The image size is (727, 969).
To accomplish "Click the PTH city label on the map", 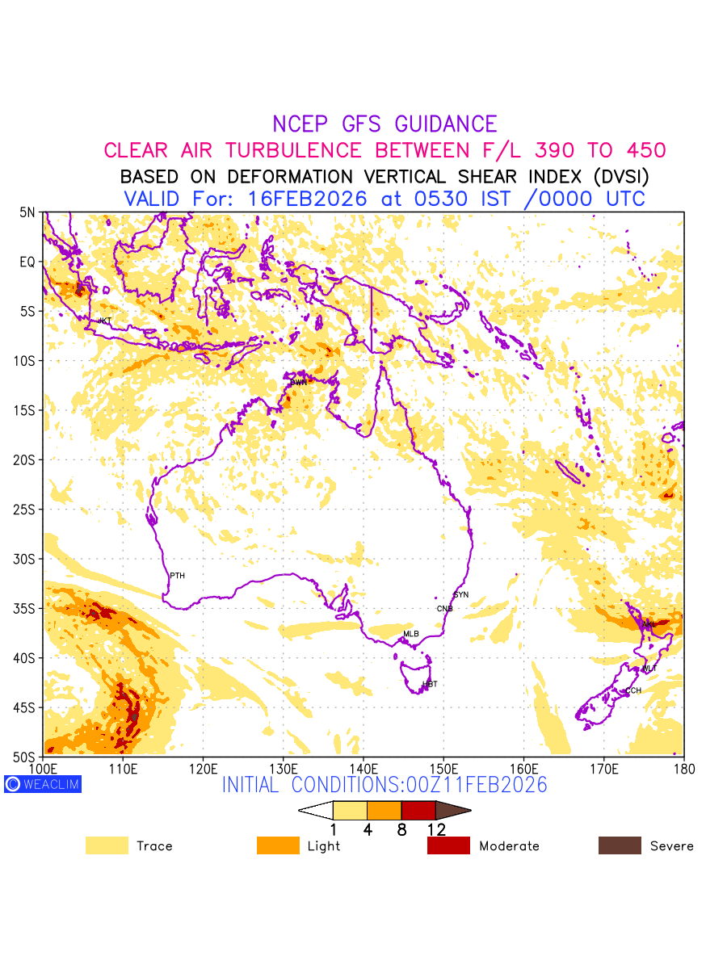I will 177,576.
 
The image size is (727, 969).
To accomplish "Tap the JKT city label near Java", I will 104,321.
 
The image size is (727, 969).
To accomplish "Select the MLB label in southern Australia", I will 411,634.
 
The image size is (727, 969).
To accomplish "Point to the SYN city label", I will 461,594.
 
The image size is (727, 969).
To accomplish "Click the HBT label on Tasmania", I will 430,684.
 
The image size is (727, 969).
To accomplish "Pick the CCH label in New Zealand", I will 633,690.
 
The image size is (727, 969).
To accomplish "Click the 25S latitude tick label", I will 26,510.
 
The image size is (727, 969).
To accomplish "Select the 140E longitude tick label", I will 363,767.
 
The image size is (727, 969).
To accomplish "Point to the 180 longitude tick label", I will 684,767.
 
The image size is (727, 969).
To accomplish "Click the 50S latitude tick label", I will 26,757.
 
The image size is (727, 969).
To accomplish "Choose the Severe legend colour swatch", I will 620,845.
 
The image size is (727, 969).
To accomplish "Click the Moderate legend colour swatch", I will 448,845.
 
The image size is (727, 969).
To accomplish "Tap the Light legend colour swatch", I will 278,845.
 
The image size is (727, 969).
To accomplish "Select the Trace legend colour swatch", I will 107,845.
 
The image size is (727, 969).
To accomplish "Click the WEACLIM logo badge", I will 43,783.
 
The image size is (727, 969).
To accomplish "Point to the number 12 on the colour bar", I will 436,828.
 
